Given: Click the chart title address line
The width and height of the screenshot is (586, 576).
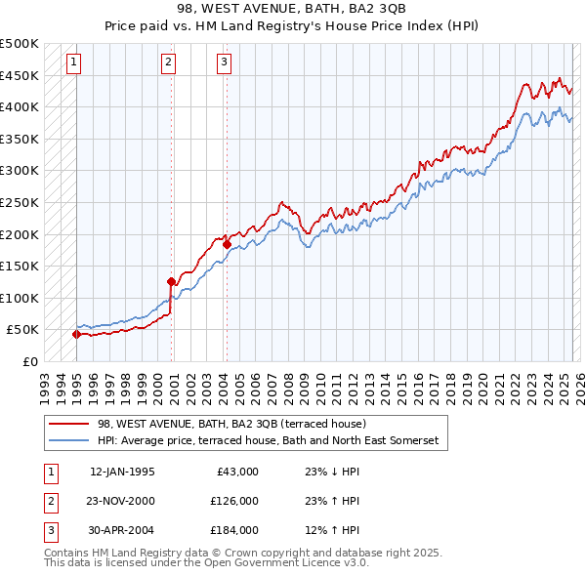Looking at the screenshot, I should (x=292, y=11).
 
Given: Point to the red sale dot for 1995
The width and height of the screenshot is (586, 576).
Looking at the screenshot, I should (x=76, y=334).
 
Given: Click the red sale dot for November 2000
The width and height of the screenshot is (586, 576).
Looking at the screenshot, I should (x=171, y=281).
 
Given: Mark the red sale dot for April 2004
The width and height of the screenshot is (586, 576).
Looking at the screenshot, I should (x=227, y=244).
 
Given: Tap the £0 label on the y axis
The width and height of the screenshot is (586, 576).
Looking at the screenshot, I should (x=29, y=361).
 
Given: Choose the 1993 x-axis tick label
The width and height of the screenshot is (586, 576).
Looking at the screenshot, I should (x=44, y=383).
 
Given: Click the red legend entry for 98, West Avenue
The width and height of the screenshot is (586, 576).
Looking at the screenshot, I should (x=231, y=424).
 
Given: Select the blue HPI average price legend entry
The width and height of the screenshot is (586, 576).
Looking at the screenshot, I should (x=268, y=441).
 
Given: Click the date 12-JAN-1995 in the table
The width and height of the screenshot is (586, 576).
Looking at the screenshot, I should (x=122, y=472).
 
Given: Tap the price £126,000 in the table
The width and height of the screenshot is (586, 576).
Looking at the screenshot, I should (x=234, y=501).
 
